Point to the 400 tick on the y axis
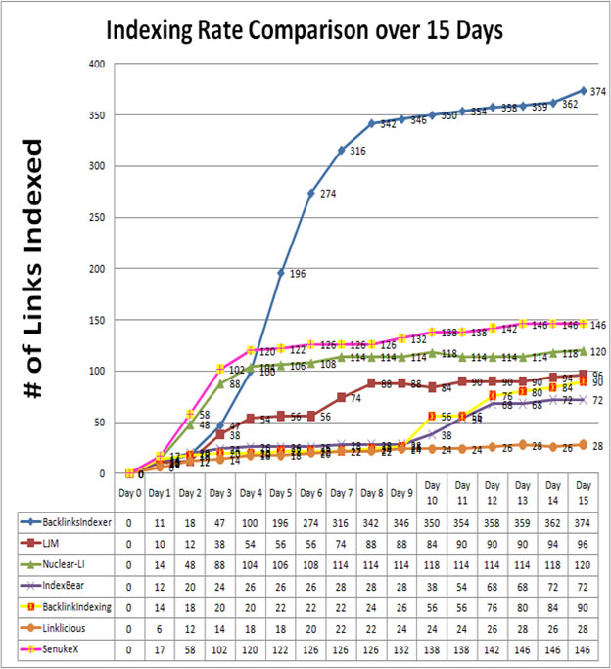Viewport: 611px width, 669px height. click(x=97, y=65)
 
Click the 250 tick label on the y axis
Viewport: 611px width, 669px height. click(x=97, y=218)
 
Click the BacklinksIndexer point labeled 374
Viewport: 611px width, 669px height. click(x=583, y=91)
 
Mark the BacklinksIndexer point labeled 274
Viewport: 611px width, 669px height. click(x=310, y=193)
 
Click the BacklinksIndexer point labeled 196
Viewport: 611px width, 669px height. click(x=280, y=273)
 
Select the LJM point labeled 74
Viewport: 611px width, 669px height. click(x=341, y=397)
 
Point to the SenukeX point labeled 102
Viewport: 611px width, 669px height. click(x=220, y=369)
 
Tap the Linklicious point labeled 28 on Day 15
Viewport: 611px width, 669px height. click(x=583, y=444)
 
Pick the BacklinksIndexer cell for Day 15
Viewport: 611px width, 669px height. click(x=583, y=524)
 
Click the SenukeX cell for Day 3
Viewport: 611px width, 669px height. click(x=220, y=648)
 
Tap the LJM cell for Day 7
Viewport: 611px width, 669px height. click(x=341, y=545)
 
